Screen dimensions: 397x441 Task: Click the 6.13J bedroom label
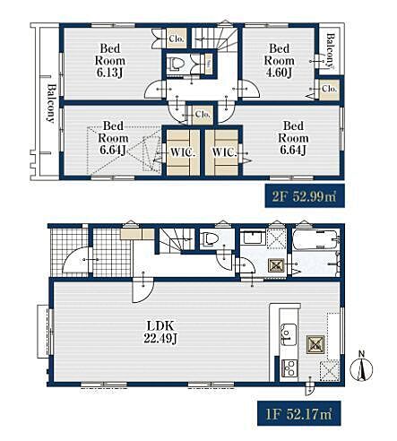pyautogui.click(x=110, y=61)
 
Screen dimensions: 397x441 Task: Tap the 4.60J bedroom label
pyautogui.click(x=279, y=61)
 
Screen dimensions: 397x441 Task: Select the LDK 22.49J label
pyautogui.click(x=160, y=332)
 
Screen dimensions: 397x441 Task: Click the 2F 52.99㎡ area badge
pyautogui.click(x=305, y=195)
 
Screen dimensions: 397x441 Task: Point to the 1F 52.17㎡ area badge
pyautogui.click(x=298, y=414)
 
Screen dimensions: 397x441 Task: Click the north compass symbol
pyautogui.click(x=361, y=368)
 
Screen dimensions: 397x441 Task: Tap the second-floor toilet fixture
pyautogui.click(x=176, y=64)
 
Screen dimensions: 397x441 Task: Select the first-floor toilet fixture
pyautogui.click(x=211, y=239)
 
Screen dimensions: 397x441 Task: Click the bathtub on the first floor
pyautogui.click(x=316, y=239)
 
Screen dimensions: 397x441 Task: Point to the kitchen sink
pyautogui.click(x=289, y=334)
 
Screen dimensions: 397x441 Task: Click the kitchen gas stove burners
pyautogui.click(x=289, y=368)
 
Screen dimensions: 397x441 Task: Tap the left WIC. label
pyautogui.click(x=183, y=152)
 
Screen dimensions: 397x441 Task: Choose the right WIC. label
pyautogui.click(x=224, y=152)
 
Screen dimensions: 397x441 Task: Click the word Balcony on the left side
pyautogui.click(x=51, y=103)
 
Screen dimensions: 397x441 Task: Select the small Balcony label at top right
pyautogui.click(x=331, y=50)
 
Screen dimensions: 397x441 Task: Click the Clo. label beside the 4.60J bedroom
pyautogui.click(x=329, y=89)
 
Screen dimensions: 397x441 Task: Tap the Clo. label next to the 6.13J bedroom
pyautogui.click(x=177, y=39)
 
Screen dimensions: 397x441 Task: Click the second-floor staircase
pyautogui.click(x=214, y=38)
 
